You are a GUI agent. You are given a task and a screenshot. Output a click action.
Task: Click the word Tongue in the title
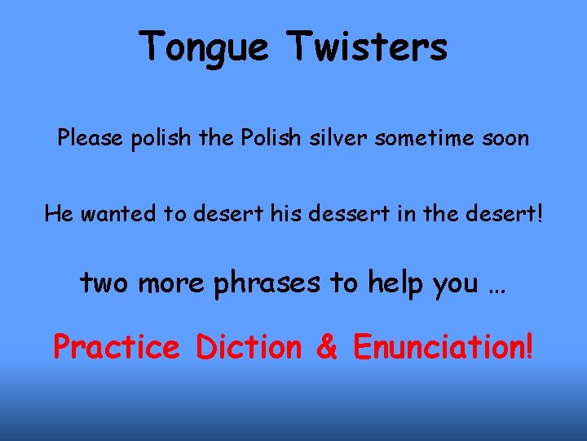(205, 47)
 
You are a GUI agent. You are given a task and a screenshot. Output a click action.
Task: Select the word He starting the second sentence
(58, 215)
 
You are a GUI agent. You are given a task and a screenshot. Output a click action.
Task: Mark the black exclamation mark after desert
(537, 215)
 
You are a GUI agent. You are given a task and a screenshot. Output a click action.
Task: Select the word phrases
(267, 283)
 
